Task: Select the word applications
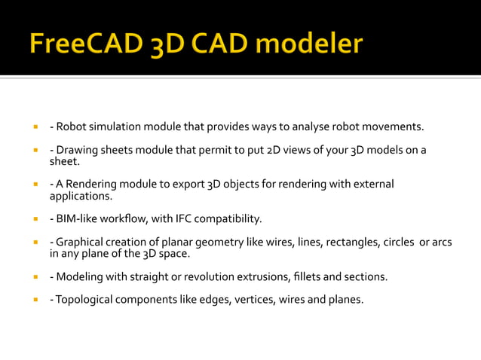(x=81, y=196)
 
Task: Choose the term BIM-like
(x=77, y=219)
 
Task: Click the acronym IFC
(x=187, y=219)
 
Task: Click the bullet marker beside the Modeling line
(x=35, y=276)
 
